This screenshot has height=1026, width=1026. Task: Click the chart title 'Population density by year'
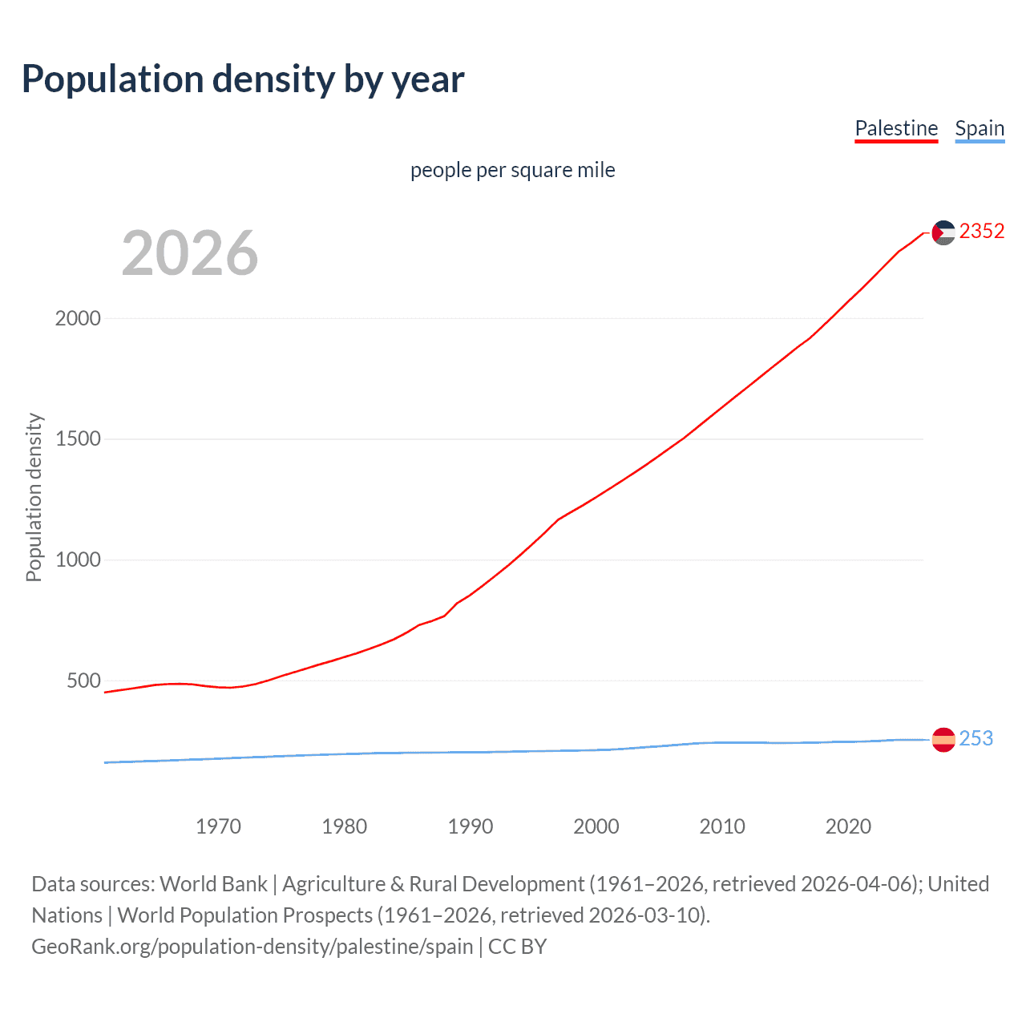(243, 79)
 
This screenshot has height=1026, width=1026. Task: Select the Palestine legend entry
(896, 128)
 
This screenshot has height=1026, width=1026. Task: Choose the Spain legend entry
(980, 128)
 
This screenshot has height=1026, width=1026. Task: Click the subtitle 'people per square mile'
(512, 170)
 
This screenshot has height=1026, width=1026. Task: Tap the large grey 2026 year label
(190, 253)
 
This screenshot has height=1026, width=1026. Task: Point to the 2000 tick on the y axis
(78, 318)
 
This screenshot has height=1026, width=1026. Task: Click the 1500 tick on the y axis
(78, 439)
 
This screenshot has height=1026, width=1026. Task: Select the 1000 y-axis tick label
(78, 560)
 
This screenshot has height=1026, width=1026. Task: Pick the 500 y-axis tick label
(83, 681)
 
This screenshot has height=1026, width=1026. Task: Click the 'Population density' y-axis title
(34, 497)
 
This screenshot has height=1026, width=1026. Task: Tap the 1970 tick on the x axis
(218, 826)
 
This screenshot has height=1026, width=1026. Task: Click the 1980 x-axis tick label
(344, 826)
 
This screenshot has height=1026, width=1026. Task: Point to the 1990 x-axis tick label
(471, 826)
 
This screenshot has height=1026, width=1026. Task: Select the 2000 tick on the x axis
(596, 826)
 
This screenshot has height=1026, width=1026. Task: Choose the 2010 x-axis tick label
(722, 826)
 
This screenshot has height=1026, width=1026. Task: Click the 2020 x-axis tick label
(848, 826)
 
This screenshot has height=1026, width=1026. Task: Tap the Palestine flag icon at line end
(943, 232)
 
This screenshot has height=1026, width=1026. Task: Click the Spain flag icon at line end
(943, 739)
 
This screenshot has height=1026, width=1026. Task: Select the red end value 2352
(982, 232)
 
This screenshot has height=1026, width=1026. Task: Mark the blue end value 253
(976, 738)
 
